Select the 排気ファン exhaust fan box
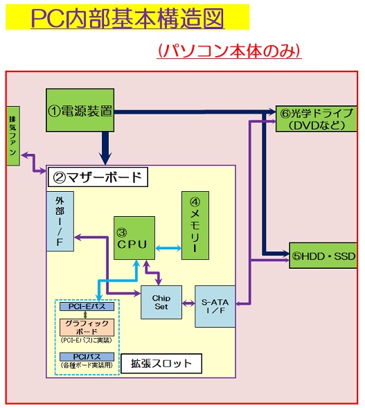(13, 136)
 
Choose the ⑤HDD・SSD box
(323, 256)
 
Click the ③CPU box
(134, 238)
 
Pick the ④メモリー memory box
(195, 225)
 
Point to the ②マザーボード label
(98, 177)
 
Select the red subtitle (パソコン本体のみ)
(229, 51)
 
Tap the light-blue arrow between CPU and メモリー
(168, 247)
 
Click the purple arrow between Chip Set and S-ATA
(188, 303)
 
